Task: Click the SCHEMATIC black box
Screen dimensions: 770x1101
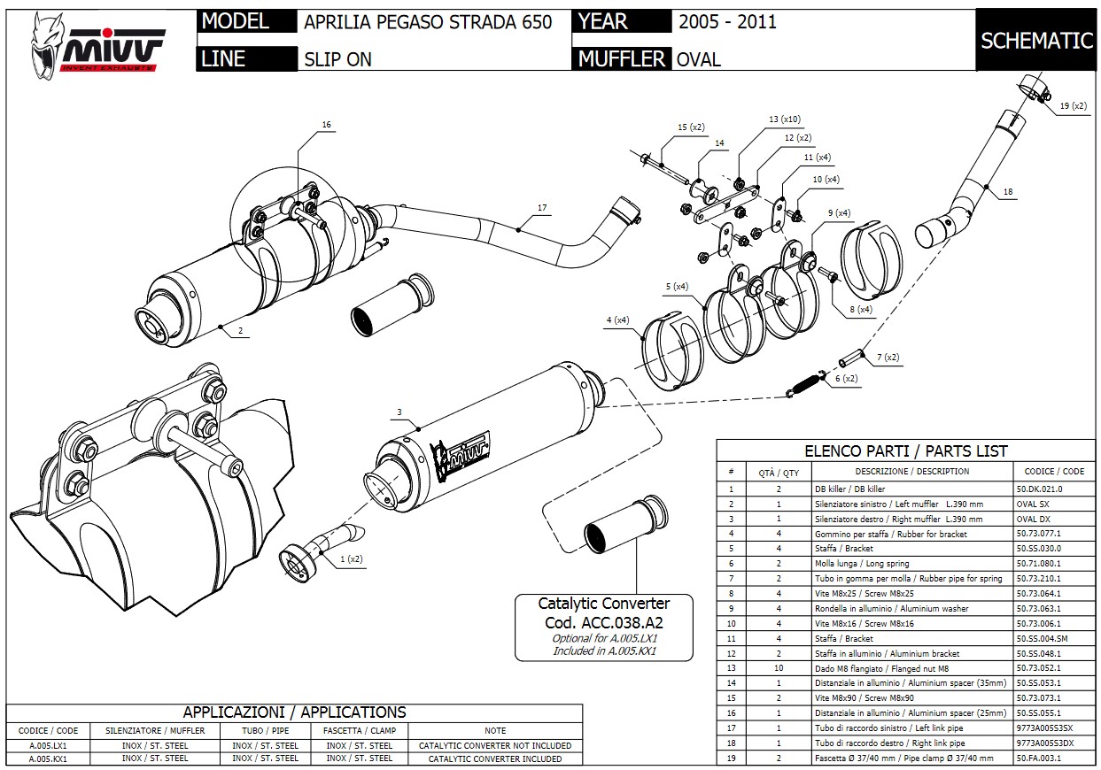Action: pos(1036,41)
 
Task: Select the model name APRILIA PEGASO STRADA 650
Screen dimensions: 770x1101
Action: pos(428,22)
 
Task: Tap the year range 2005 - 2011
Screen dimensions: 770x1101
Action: pos(727,22)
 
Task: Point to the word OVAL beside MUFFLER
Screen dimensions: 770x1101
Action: pos(698,59)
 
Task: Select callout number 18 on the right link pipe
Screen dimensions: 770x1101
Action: pos(1008,191)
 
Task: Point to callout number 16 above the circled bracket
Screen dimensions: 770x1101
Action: pos(326,125)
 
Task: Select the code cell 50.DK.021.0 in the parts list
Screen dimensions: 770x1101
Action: pos(1048,489)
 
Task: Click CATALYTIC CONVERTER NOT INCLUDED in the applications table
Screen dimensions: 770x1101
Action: pos(495,745)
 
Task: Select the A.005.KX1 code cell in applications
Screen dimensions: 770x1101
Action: pos(49,758)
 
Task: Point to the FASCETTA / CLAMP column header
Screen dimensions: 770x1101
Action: pos(360,731)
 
